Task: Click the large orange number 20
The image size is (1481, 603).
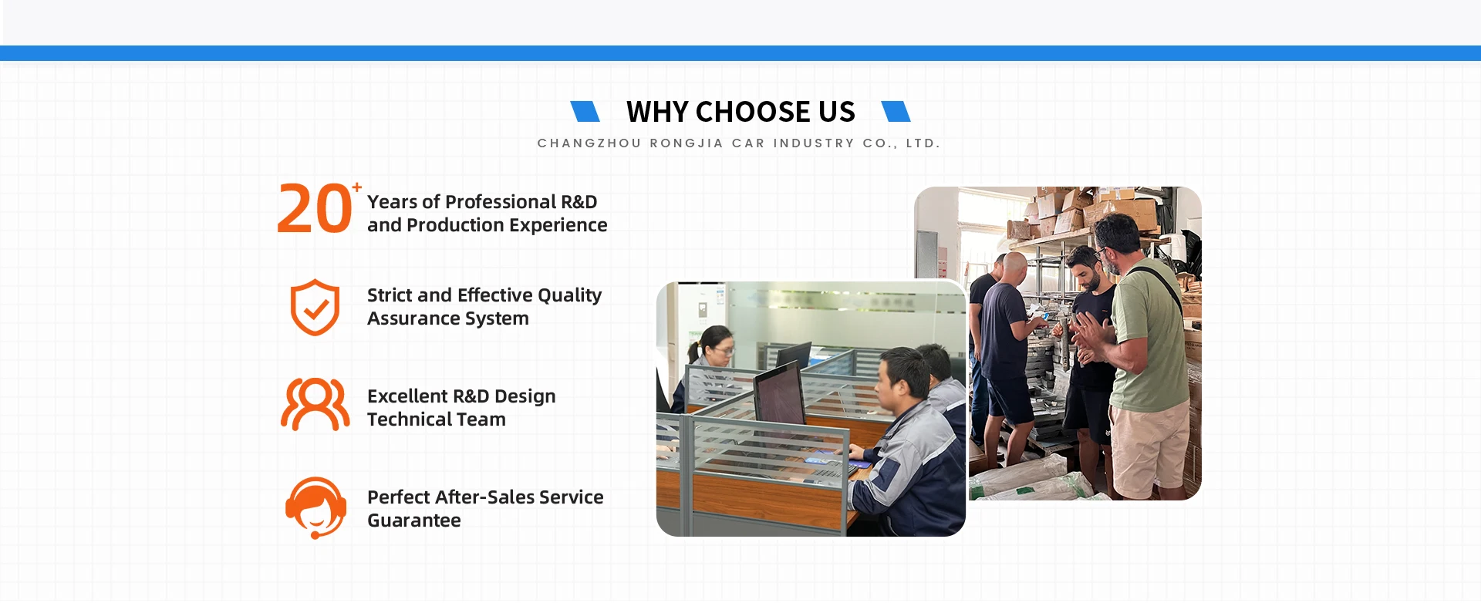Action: point(315,208)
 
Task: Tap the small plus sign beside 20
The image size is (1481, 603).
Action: point(356,187)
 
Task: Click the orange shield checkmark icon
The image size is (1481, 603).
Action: point(315,307)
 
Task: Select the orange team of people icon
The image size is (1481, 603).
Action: point(315,404)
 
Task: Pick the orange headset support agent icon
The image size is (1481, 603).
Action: point(315,507)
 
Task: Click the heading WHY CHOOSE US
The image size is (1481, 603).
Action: point(740,112)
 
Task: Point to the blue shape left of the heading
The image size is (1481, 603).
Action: point(585,112)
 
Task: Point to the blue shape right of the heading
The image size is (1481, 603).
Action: point(896,112)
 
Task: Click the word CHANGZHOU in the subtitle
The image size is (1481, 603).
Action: point(589,143)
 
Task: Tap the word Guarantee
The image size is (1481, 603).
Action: point(414,520)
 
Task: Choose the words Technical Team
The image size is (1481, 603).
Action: point(437,419)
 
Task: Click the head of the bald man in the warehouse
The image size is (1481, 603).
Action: point(1014,268)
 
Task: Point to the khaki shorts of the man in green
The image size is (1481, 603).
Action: point(1150,448)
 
